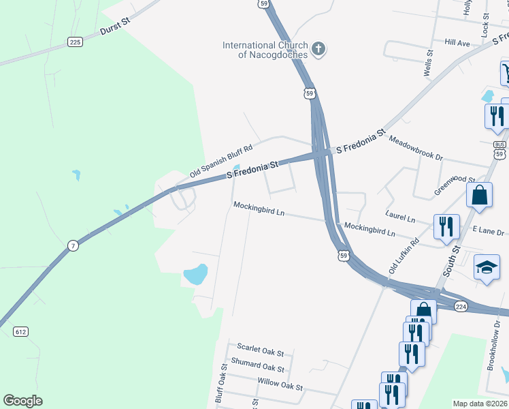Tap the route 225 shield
coord(75,42)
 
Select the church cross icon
coord(318,48)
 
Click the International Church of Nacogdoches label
coord(265,50)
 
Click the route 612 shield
coord(21,331)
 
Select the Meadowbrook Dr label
coord(415,148)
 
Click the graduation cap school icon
coord(487,268)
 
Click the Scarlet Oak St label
coord(260,350)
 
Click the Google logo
coord(22,400)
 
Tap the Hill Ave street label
coord(457,43)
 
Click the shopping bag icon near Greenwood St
coord(480,194)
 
